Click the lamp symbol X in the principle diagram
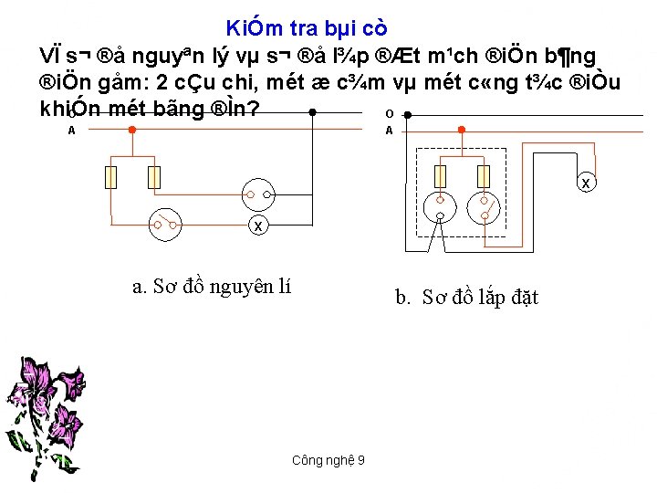coord(258,225)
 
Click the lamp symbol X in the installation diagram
coord(586,185)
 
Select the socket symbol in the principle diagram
coord(258,193)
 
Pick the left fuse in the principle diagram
coord(112,176)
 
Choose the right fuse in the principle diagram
coord(154,176)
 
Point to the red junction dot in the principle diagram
coord(132,129)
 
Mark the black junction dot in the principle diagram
coord(312,113)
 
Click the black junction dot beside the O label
coord(406,116)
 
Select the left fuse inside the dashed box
coord(441,176)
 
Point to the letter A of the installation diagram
coord(390,130)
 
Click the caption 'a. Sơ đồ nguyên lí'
coord(212,287)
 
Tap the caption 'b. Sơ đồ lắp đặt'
coord(466,297)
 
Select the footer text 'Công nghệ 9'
coord(328,460)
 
